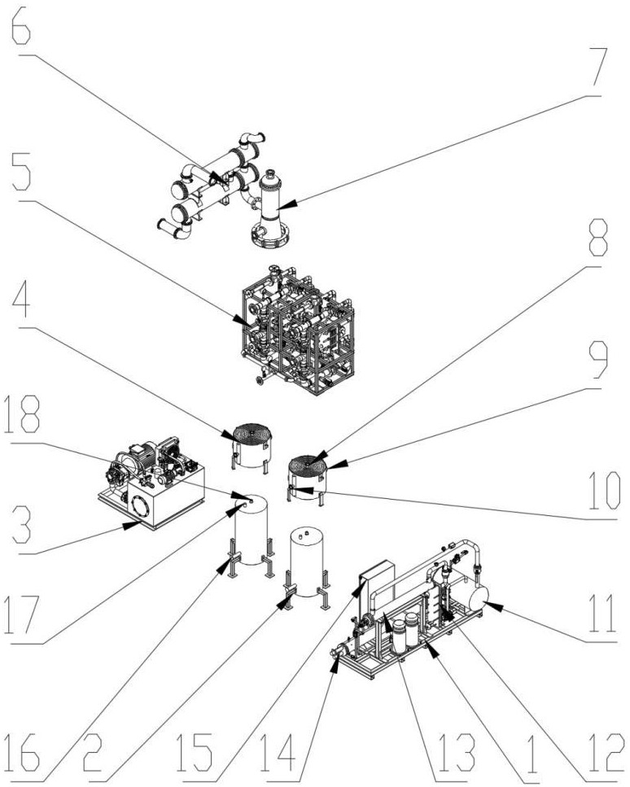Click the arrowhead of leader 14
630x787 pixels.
pos(334,660)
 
